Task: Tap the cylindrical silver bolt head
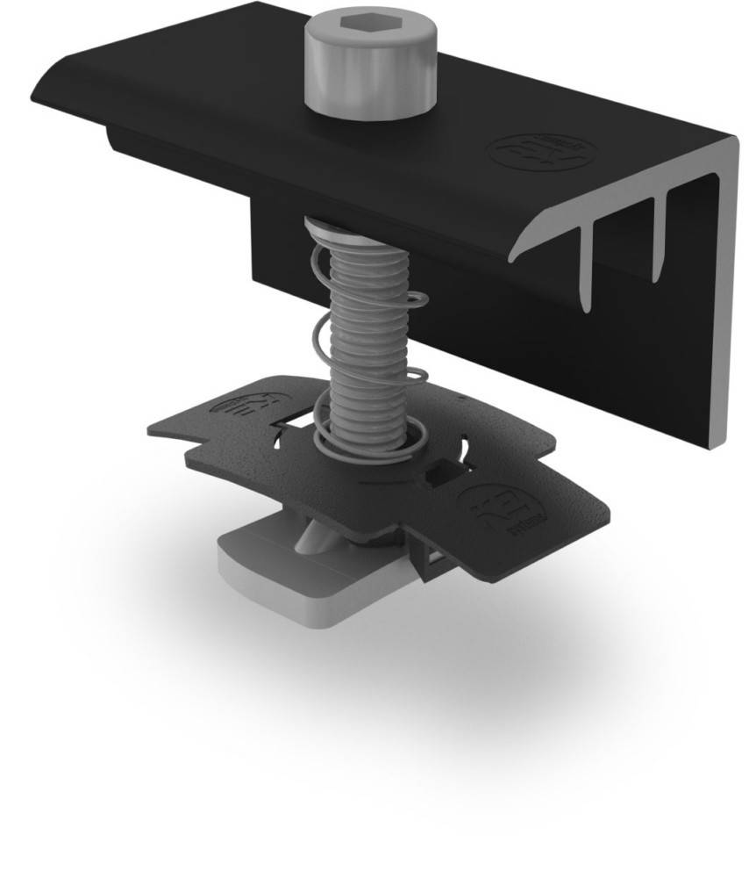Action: click(370, 75)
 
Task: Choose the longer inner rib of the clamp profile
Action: click(587, 263)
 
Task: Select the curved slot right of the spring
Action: click(464, 448)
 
